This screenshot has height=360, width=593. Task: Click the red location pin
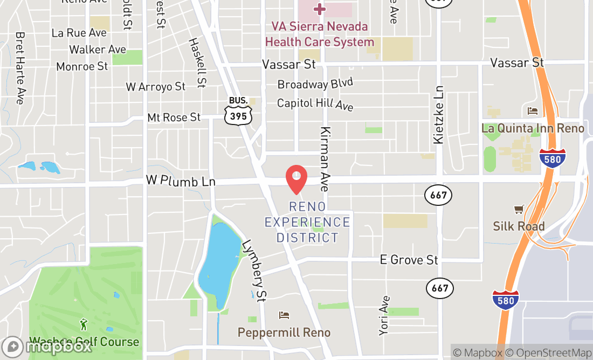[x=296, y=178]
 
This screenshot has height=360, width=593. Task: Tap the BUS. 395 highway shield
[x=238, y=112]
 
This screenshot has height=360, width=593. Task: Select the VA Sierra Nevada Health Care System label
[x=320, y=34]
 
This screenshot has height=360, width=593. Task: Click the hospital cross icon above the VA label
[x=320, y=9]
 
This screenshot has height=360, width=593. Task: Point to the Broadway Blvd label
[x=315, y=84]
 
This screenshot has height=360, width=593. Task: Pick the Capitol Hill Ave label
[x=315, y=104]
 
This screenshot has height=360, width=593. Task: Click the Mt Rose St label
[x=174, y=117]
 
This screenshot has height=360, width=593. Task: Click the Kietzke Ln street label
[x=438, y=115]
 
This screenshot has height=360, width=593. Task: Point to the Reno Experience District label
[x=307, y=222]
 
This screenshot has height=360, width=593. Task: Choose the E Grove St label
[x=409, y=260]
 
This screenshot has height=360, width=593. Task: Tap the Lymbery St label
[x=255, y=269]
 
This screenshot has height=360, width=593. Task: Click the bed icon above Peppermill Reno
[x=284, y=315]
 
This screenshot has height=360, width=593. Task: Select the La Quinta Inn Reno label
[x=533, y=128]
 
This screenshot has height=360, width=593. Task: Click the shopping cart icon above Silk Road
[x=519, y=209]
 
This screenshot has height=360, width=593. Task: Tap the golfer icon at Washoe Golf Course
[x=84, y=324]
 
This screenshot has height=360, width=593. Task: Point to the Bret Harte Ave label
[x=21, y=68]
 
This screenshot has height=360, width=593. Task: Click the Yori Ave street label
[x=384, y=316]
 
